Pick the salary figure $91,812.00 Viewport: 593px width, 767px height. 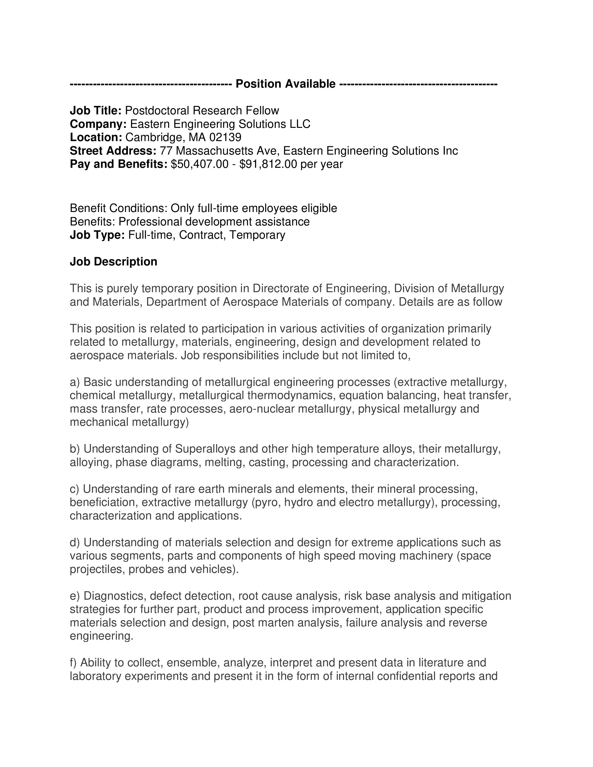point(268,164)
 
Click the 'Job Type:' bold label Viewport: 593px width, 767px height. point(97,235)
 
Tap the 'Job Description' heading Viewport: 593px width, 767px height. point(113,262)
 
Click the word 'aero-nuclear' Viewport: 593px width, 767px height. point(262,409)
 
